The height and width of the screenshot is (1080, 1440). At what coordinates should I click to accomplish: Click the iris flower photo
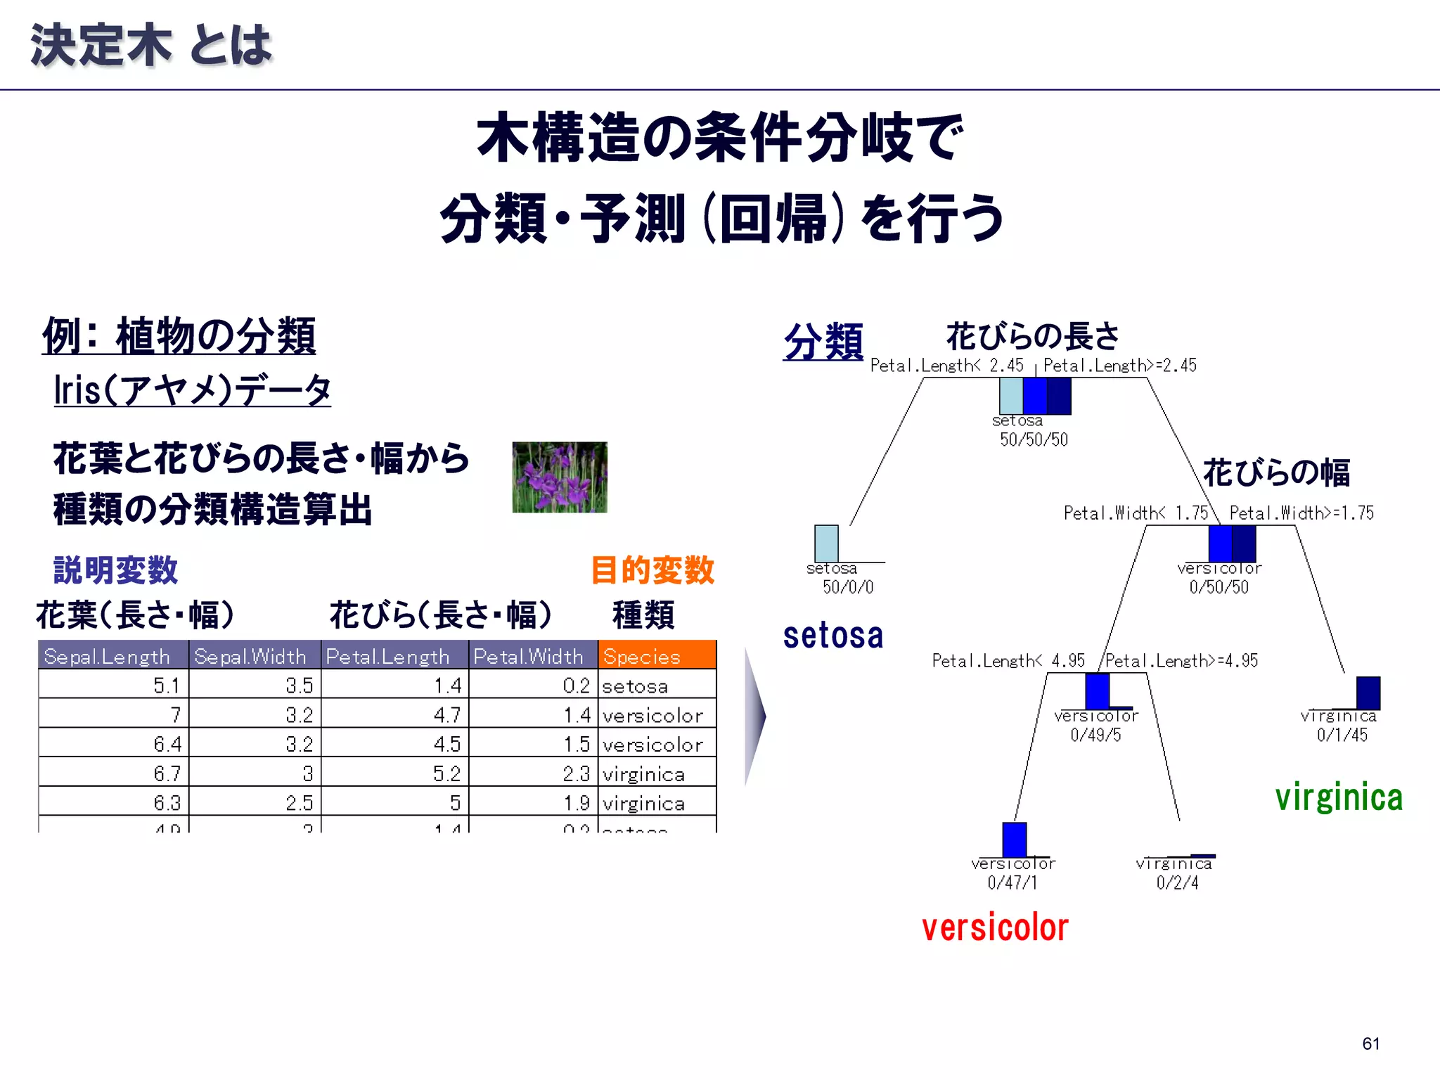coord(559,477)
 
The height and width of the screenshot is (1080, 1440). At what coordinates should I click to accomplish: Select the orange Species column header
coord(657,655)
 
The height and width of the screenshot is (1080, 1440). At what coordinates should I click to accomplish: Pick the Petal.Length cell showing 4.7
coord(447,714)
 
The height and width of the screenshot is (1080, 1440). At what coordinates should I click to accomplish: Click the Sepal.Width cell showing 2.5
coord(299,802)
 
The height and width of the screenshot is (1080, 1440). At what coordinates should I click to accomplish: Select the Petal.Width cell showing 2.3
coord(576,773)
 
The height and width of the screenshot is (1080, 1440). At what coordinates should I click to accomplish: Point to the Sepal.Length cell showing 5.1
coord(167,685)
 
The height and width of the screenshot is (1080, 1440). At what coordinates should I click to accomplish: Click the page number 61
coord(1370,1043)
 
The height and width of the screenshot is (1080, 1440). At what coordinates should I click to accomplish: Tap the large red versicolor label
coord(995,928)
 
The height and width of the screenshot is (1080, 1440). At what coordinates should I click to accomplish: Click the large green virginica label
coord(1339,797)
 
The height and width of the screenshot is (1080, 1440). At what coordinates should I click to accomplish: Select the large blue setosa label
coord(833,636)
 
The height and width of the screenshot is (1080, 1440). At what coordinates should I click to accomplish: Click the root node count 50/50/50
coord(1034,440)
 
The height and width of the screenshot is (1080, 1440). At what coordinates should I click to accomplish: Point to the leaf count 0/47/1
coord(1012,883)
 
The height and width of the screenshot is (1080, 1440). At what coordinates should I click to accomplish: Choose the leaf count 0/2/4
coord(1178,883)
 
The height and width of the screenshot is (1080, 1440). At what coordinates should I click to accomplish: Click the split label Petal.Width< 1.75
coord(1136,513)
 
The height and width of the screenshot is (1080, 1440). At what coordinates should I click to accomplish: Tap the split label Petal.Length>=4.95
coord(1182,661)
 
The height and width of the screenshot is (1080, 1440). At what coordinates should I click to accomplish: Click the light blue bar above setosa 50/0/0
coord(826,544)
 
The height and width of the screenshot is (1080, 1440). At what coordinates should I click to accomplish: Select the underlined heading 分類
coord(823,342)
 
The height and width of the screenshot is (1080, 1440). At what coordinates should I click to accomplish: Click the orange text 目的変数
coord(652,570)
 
